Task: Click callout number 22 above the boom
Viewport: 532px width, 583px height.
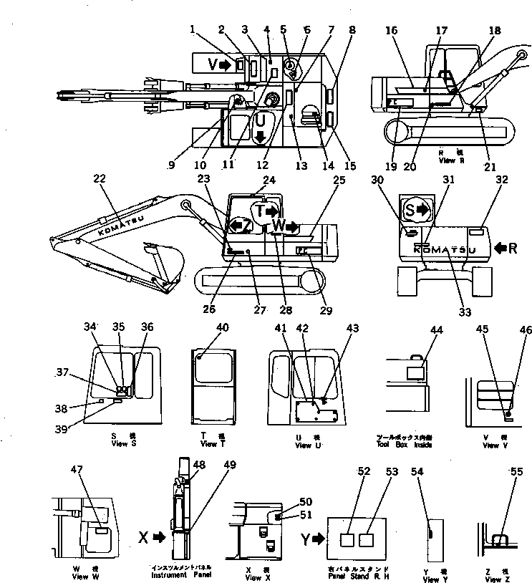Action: point(100,179)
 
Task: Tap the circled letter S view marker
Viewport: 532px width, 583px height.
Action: point(416,210)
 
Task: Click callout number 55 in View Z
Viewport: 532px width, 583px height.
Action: point(516,472)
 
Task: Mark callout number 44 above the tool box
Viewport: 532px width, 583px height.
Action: point(435,328)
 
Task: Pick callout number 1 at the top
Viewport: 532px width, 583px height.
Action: point(193,29)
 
